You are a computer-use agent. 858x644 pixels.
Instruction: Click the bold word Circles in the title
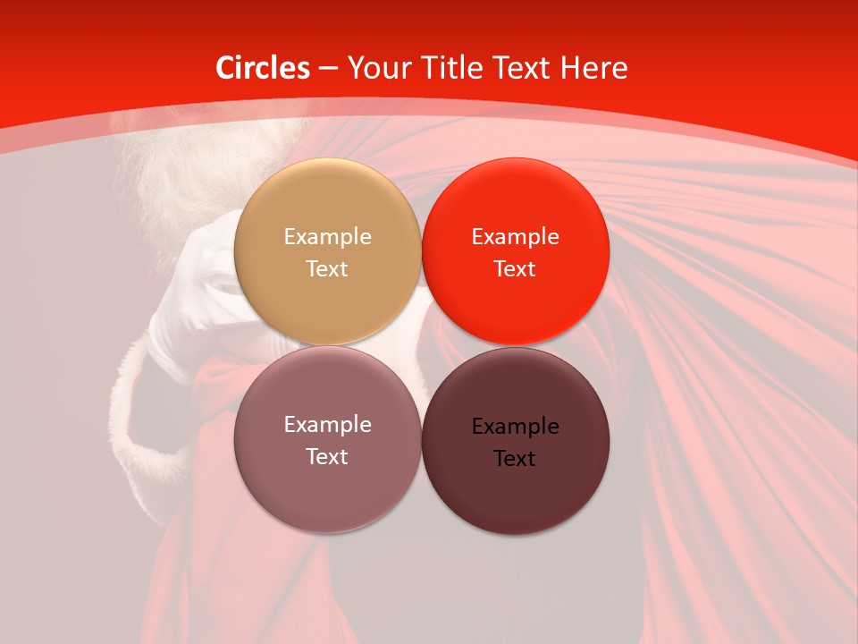(x=263, y=68)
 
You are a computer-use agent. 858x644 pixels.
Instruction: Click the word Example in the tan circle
(x=327, y=237)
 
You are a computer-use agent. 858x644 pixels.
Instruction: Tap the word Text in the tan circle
(x=327, y=269)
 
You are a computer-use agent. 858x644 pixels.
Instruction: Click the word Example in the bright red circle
(x=516, y=237)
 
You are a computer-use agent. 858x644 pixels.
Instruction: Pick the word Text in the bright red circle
(x=516, y=269)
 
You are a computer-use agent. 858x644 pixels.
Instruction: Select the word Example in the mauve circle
(x=327, y=425)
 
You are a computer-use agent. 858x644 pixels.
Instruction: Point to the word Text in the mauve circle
(x=327, y=457)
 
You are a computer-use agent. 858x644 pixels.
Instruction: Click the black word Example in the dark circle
(x=516, y=427)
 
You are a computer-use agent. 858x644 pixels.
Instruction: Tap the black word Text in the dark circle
(x=516, y=459)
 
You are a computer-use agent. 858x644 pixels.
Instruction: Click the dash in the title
(x=328, y=69)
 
